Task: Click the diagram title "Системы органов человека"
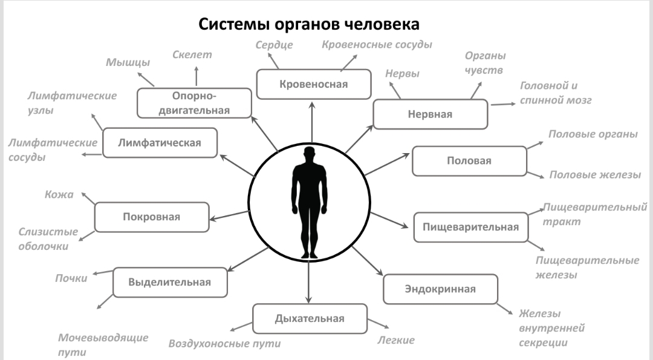(x=309, y=26)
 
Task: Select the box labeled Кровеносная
(x=313, y=84)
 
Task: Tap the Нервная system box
(x=429, y=114)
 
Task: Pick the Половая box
(x=469, y=161)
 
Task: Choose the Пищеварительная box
(x=470, y=227)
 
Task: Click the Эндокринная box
(x=440, y=289)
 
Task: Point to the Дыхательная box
(x=310, y=319)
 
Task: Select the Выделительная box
(x=170, y=282)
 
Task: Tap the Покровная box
(x=152, y=217)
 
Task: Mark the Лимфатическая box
(x=160, y=143)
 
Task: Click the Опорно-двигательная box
(x=194, y=103)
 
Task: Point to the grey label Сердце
(x=274, y=45)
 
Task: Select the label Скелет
(x=192, y=55)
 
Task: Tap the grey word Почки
(x=72, y=278)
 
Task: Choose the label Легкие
(x=396, y=340)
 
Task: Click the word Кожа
(x=59, y=195)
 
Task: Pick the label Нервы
(x=402, y=74)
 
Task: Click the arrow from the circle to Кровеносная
(x=313, y=124)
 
